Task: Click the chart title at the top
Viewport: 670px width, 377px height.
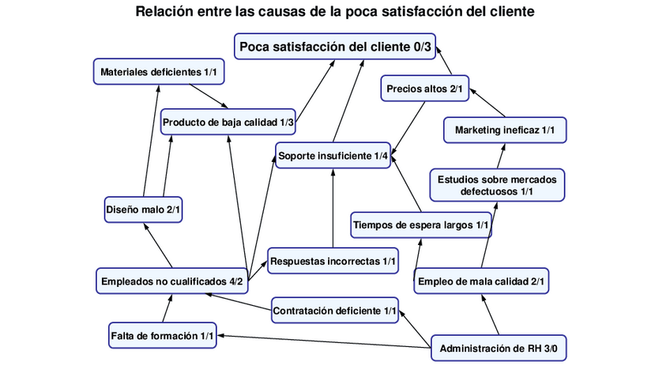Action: click(335, 12)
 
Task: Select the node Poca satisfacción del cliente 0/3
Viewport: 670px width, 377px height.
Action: click(336, 47)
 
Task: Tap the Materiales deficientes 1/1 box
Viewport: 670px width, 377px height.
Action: click(159, 72)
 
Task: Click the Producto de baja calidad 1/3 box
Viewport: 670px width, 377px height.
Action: click(228, 123)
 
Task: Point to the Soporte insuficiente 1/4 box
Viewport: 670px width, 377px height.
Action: click(333, 156)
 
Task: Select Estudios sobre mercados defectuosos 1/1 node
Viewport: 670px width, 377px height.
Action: click(497, 185)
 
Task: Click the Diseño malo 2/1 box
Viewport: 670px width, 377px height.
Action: click(144, 209)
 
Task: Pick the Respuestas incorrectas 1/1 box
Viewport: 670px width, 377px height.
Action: click(333, 260)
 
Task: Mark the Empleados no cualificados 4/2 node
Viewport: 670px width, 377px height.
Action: click(172, 281)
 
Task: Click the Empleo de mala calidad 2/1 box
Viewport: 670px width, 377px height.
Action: click(481, 281)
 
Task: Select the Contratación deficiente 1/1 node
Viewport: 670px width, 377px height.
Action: click(335, 311)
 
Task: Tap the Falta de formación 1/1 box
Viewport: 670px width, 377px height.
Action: click(162, 335)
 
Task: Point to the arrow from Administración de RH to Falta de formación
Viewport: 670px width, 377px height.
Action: click(324, 342)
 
